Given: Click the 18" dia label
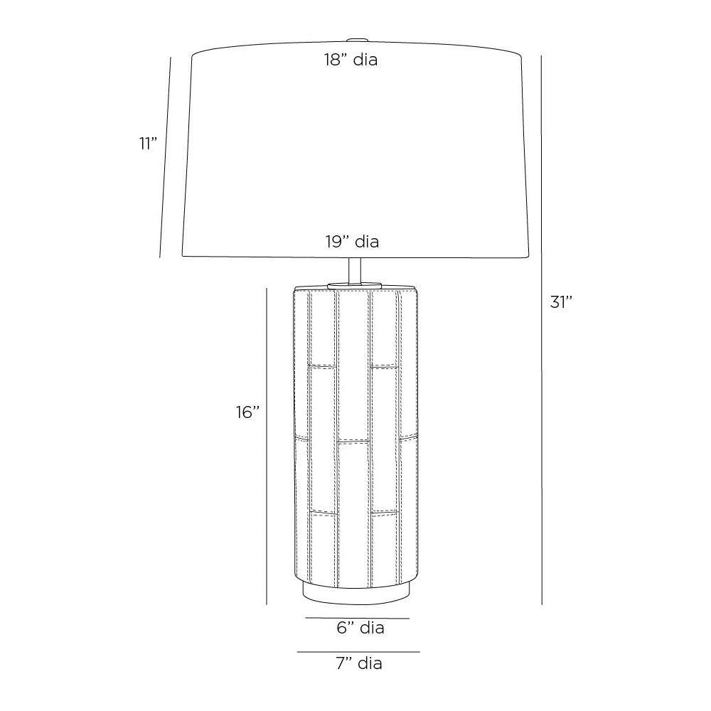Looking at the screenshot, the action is [351, 60].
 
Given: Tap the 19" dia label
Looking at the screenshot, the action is [352, 242].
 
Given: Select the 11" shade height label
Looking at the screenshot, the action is [148, 144].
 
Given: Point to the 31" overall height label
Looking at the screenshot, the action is [562, 301].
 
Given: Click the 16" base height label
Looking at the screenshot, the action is [247, 412].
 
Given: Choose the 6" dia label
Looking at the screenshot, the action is [360, 628].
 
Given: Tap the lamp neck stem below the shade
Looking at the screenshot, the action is [355, 271].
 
